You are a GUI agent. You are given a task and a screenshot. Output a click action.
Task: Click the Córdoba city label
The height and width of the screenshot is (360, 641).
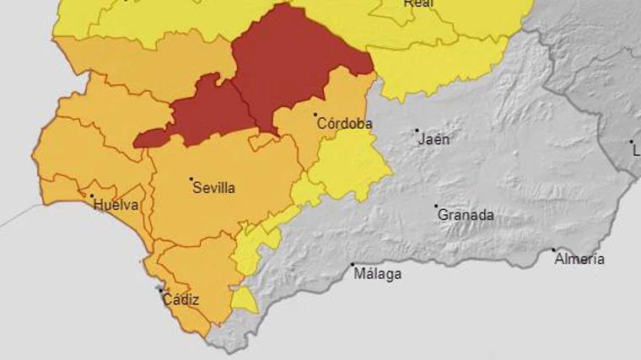tap(344, 124)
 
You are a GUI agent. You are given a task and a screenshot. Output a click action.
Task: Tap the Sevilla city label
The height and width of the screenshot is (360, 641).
tap(213, 188)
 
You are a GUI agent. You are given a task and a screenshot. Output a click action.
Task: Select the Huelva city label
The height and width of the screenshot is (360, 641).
tap(116, 205)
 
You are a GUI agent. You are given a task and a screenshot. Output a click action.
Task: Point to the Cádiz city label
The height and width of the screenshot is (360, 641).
tap(180, 299)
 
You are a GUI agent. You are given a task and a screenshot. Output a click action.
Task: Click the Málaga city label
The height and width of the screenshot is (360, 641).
tap(377, 274)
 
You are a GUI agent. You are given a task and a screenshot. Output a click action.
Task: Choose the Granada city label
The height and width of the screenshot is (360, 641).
tap(466, 215)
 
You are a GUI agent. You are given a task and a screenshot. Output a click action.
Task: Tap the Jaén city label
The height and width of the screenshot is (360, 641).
tap(434, 140)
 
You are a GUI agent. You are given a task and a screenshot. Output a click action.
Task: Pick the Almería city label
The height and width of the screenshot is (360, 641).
tap(579, 260)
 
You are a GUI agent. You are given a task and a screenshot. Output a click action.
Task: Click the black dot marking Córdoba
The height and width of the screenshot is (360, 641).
tap(315, 115)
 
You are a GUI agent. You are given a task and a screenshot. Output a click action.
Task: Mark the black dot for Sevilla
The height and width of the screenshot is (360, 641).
tap(191, 179)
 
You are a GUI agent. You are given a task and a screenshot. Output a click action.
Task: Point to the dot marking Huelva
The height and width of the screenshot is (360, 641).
tap(92, 196)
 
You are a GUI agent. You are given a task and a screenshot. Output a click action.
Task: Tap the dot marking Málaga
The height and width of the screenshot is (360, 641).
tap(353, 265)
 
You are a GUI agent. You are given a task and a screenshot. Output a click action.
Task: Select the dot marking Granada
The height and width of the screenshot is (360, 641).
tap(436, 206)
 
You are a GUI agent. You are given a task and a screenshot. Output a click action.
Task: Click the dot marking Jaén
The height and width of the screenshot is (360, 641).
tap(417, 131)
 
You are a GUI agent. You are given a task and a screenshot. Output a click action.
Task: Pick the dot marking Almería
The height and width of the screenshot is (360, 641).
tap(554, 250)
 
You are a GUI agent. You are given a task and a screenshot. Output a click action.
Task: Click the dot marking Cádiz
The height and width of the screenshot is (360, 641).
tap(161, 290)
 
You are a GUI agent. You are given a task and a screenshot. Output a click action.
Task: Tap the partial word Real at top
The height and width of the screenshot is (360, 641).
tap(418, 3)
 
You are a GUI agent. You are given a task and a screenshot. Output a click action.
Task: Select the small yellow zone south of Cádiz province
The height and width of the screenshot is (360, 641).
tap(244, 300)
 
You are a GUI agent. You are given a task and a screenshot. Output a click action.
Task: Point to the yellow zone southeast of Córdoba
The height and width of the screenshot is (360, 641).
tap(346, 164)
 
